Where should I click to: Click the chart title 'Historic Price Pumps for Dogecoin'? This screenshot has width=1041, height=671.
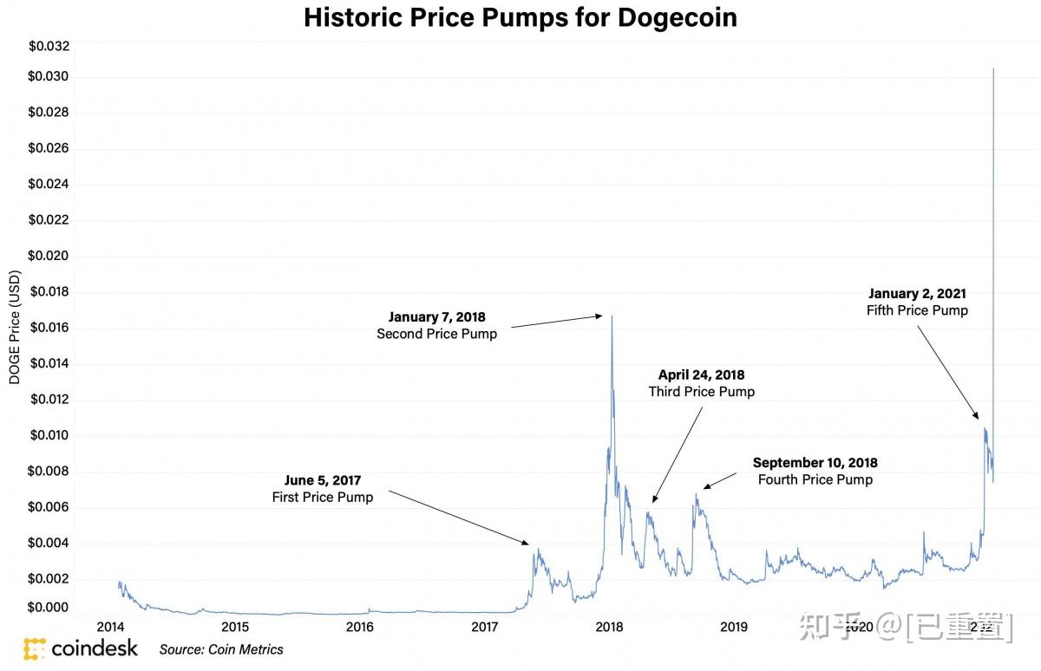(520, 17)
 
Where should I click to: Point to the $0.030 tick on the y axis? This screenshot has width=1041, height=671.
(49, 77)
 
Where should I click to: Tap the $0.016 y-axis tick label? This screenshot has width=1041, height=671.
(49, 328)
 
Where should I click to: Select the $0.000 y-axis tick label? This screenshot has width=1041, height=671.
(49, 608)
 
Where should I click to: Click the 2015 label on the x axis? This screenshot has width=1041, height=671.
(235, 627)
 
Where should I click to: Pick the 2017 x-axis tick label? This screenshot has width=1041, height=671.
(485, 627)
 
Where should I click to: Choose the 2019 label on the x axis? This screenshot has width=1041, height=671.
(734, 627)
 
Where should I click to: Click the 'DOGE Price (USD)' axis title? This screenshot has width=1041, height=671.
(15, 327)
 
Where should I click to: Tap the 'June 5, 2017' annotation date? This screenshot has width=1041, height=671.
(323, 480)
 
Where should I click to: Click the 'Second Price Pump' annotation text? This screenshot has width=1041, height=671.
(436, 334)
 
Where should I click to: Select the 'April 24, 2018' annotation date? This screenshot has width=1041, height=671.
(701, 375)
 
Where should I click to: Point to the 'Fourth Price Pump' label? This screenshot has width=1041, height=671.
(815, 479)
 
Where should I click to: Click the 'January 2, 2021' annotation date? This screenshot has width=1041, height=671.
(916, 294)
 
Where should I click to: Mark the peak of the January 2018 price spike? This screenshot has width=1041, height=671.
(612, 316)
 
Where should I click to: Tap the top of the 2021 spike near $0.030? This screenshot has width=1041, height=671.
(992, 68)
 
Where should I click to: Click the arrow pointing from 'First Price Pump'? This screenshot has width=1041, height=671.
(458, 518)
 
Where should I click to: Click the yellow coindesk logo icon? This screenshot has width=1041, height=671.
(34, 648)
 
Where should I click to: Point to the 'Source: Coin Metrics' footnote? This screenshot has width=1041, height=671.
(221, 649)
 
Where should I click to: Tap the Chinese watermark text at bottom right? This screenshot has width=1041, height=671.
(906, 626)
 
